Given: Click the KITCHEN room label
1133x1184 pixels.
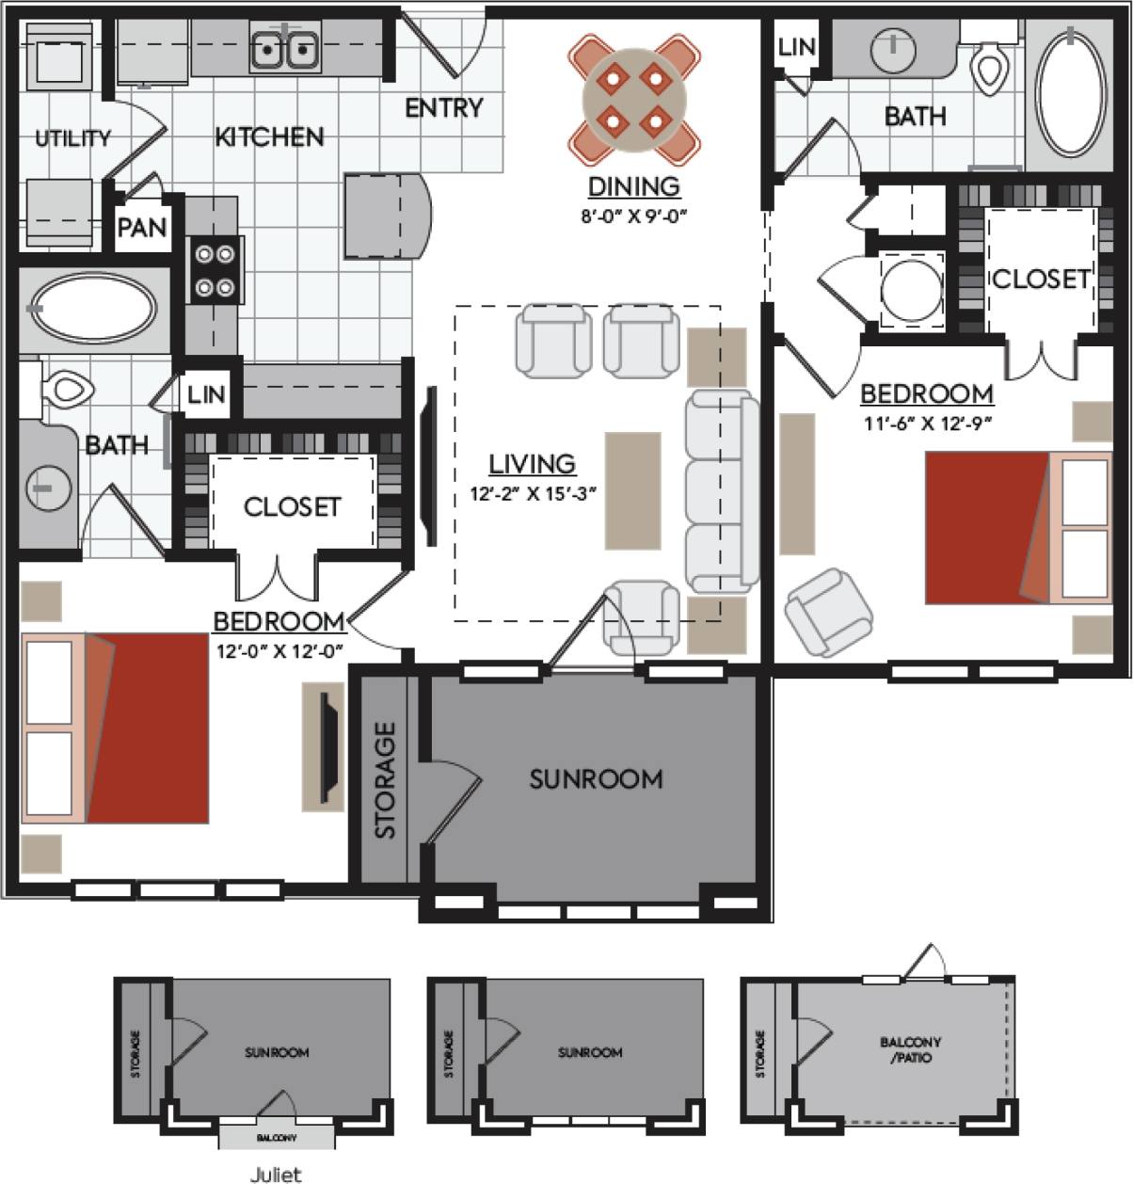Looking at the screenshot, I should point(269,137).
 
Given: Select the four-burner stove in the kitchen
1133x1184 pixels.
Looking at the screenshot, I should point(215,270).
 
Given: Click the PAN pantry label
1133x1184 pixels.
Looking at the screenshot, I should point(142,228).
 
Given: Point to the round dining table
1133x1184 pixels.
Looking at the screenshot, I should point(633,99).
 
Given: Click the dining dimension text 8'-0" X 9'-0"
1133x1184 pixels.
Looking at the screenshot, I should point(633,216).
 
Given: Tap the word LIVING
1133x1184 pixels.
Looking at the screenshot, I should point(532,464).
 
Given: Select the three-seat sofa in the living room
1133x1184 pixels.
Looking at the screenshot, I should point(721,491).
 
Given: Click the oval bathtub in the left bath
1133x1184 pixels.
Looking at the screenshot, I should point(94,309).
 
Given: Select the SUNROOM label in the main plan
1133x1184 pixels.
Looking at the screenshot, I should point(596,779).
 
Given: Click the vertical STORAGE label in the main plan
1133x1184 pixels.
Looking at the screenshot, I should point(385,779).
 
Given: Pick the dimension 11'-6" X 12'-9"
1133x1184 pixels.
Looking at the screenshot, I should point(927,424).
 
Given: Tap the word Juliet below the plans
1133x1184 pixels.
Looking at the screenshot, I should point(276,1174).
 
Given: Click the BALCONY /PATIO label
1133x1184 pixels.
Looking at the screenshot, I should point(910,1049).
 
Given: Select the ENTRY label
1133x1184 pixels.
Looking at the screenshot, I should point(443,108).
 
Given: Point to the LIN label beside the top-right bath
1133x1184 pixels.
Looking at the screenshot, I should point(796,47).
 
